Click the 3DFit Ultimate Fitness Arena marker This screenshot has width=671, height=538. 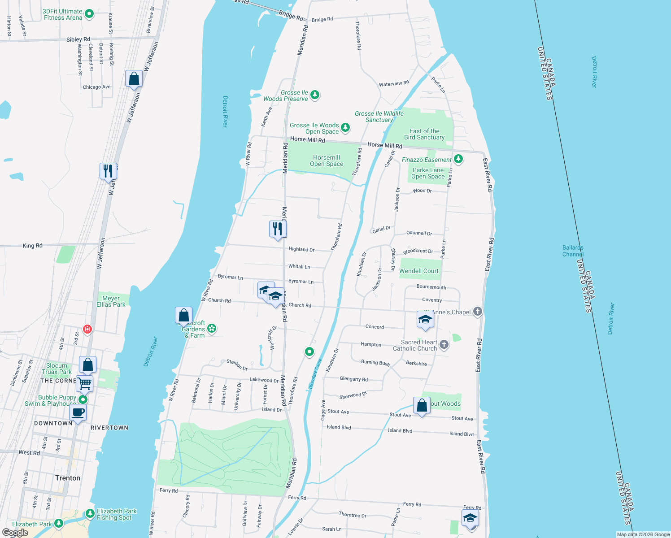[x=89, y=14]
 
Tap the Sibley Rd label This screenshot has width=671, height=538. [x=78, y=39]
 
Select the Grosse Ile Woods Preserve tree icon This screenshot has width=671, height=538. [x=315, y=95]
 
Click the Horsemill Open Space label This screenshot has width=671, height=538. [x=327, y=161]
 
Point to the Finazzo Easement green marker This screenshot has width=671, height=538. [x=458, y=159]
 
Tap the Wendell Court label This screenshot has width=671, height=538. [x=419, y=271]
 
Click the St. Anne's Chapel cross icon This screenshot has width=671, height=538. [x=478, y=312]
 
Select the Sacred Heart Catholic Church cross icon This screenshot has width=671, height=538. [x=444, y=344]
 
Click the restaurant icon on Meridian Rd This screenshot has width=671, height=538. [x=278, y=229]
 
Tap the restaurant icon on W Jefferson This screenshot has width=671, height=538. [x=108, y=171]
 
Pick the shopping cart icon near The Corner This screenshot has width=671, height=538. [x=84, y=384]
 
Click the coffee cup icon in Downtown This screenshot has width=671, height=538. [x=78, y=412]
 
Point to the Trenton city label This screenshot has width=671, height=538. [x=68, y=478]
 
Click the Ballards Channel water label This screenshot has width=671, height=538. [x=573, y=251]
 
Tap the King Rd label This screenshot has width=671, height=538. [x=32, y=246]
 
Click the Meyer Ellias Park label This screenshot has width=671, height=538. [x=111, y=301]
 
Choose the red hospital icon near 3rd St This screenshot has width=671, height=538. [x=87, y=330]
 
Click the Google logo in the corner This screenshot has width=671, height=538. [x=15, y=533]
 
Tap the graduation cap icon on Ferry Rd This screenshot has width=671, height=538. [x=470, y=518]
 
